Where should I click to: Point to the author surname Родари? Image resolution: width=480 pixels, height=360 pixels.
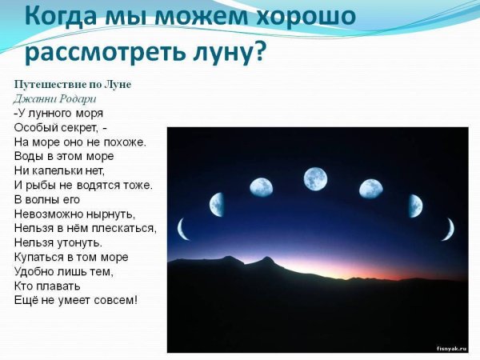[x=77, y=98]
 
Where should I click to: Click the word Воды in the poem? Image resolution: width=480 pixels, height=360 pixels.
[x=29, y=156]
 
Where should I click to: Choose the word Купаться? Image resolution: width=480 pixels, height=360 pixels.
[x=40, y=257]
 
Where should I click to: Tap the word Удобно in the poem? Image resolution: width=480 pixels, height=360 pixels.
[x=34, y=271]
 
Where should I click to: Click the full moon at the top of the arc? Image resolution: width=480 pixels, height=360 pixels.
[x=315, y=178]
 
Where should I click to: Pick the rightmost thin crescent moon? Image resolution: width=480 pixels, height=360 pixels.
[x=447, y=230]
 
